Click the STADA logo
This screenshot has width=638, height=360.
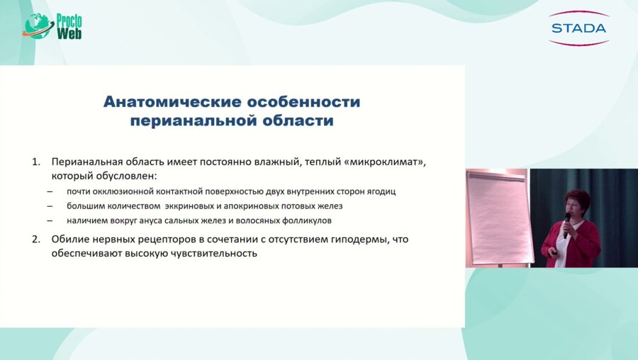point(578,28)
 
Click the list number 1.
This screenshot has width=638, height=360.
point(36,162)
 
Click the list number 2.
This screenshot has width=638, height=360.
point(36,240)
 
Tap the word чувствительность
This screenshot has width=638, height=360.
point(213,254)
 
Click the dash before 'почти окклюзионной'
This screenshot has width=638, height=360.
point(50,191)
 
